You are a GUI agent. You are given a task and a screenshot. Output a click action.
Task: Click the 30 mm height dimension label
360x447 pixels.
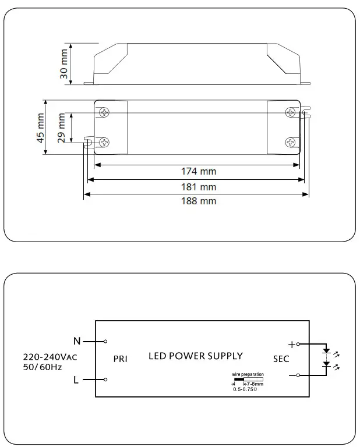click(x=64, y=63)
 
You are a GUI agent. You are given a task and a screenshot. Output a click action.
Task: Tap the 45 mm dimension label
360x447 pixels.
click(x=41, y=128)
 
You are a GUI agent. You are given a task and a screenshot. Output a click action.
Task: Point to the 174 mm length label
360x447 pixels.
click(x=199, y=172)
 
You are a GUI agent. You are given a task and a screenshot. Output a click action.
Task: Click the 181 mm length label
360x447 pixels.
click(x=199, y=187)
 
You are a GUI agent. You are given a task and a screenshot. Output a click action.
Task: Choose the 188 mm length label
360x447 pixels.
click(x=199, y=201)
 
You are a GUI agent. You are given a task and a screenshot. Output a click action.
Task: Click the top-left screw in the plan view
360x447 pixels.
click(x=105, y=112)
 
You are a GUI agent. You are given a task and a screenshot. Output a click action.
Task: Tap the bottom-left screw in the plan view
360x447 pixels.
click(x=105, y=141)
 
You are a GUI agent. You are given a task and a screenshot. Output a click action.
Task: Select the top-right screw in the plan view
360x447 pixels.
click(x=290, y=112)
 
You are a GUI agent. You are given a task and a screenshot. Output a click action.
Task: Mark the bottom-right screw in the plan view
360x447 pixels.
click(x=290, y=141)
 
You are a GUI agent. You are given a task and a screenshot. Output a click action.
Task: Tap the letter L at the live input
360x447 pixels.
click(x=76, y=380)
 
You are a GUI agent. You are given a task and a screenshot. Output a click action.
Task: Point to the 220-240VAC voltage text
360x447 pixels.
click(x=50, y=357)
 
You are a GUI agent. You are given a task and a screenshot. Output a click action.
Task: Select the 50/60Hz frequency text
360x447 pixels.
click(x=43, y=367)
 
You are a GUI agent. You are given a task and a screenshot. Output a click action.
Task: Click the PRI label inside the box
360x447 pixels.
click(x=120, y=359)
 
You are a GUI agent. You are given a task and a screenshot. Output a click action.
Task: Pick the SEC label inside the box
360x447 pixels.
click(x=281, y=359)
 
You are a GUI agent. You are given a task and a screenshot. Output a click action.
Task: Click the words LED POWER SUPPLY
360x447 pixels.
click(x=196, y=356)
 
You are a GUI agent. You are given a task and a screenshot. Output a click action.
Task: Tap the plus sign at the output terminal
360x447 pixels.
click(x=291, y=345)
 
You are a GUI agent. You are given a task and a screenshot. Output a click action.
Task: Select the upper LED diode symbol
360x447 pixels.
click(x=327, y=352)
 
